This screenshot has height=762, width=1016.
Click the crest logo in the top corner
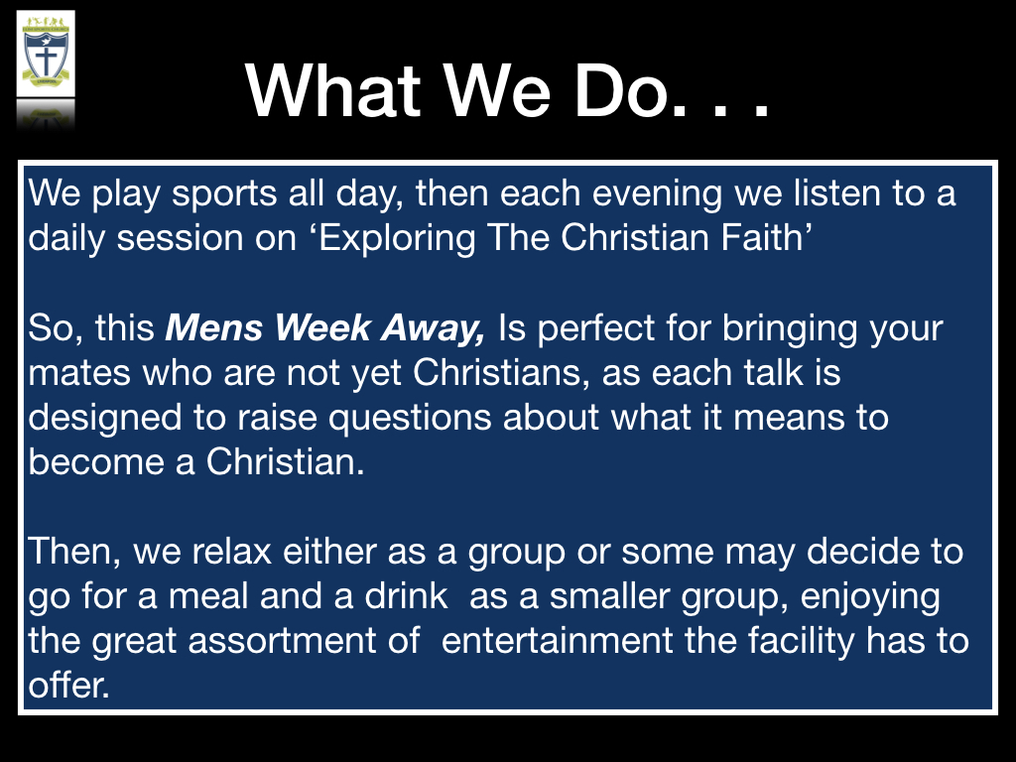46,55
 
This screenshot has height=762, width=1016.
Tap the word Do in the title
620,90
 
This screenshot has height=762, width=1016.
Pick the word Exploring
397,238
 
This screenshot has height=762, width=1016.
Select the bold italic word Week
322,327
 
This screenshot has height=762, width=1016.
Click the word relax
231,552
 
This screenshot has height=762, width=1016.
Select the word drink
406,596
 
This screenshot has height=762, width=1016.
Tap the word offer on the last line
68,685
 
